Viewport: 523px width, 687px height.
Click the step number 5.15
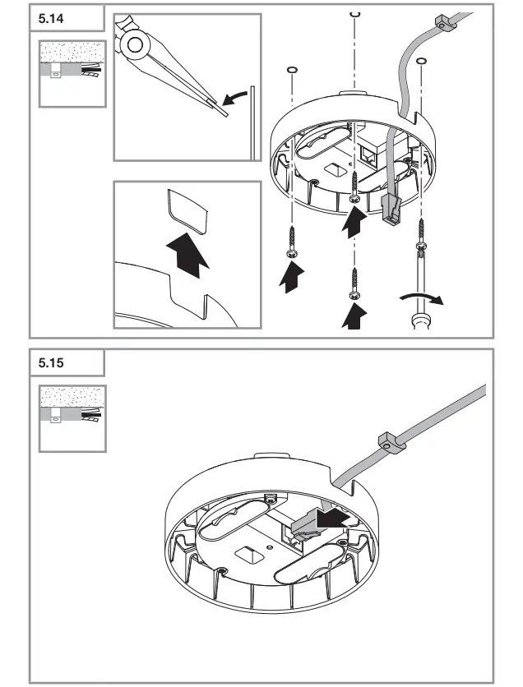point(51,362)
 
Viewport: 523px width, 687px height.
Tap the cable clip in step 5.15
point(388,443)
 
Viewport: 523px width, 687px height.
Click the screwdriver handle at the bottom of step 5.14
point(423,317)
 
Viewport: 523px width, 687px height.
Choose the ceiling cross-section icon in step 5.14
point(71,72)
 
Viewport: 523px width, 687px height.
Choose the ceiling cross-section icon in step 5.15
point(71,417)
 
